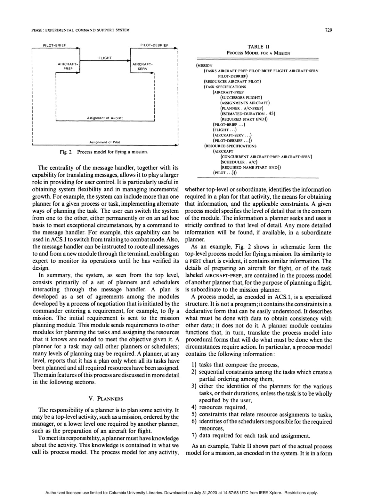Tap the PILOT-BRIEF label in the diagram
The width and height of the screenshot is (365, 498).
pos(54,45)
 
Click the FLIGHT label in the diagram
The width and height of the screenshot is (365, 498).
pos(105,58)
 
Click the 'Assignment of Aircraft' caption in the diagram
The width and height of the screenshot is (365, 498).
pos(105,118)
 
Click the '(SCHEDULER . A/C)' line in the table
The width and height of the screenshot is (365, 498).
pos(240,162)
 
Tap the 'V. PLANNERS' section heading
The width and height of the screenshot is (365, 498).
pos(106,399)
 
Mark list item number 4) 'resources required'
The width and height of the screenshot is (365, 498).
pos(222,407)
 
